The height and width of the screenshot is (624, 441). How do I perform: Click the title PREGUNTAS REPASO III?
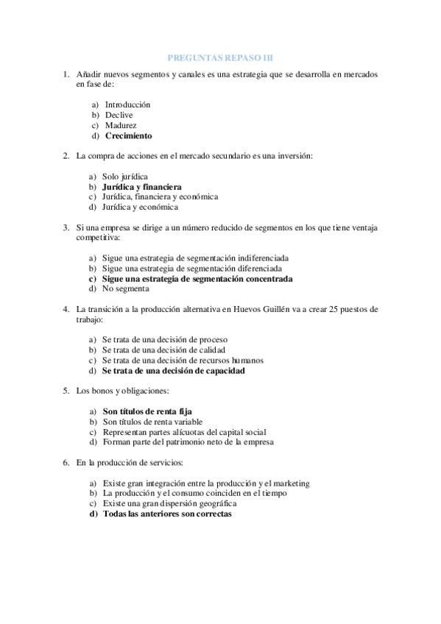tap(220, 57)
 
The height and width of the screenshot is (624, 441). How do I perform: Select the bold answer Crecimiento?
tap(128, 136)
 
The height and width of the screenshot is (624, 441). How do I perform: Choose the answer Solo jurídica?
tap(125, 177)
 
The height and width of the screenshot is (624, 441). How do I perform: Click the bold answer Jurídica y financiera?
tap(141, 187)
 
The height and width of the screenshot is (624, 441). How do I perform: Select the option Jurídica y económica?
tap(140, 208)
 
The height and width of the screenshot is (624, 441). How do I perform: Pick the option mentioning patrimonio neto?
tap(188, 442)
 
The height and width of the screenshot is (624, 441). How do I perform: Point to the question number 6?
tap(66, 463)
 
